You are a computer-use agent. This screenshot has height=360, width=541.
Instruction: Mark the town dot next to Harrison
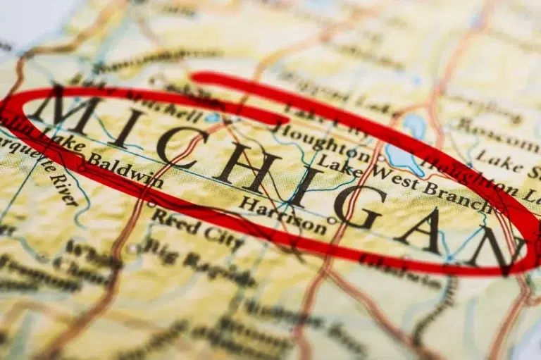tap(332, 220)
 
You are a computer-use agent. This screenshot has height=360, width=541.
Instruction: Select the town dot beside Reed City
tap(151, 204)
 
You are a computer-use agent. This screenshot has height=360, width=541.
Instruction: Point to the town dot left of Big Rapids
tap(132, 248)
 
